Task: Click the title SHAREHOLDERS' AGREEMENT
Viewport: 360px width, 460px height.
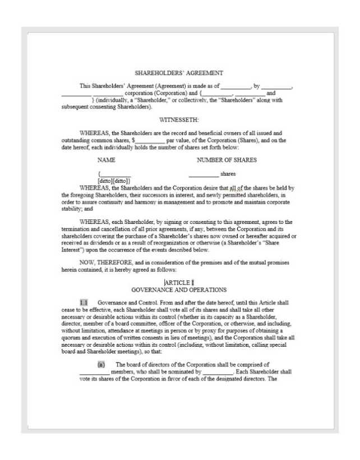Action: tap(179, 73)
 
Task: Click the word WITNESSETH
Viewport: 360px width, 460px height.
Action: tap(179, 120)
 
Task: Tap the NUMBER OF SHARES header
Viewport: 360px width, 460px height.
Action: tap(227, 160)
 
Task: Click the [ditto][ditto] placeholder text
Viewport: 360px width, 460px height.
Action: tap(114, 181)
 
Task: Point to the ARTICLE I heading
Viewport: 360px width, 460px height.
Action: tap(179, 282)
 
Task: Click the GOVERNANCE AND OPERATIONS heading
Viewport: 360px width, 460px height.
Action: tap(179, 290)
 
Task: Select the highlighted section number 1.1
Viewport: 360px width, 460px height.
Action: tap(84, 302)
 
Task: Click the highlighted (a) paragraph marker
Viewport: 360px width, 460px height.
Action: tap(101, 365)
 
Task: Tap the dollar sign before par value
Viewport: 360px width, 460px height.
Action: tap(133, 140)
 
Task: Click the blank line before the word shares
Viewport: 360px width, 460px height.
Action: tap(204, 174)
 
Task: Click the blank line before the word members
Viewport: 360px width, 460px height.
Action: tap(94, 372)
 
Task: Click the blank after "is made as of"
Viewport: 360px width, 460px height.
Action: tap(235, 86)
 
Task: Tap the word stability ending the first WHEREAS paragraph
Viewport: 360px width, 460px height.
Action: tap(71, 208)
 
